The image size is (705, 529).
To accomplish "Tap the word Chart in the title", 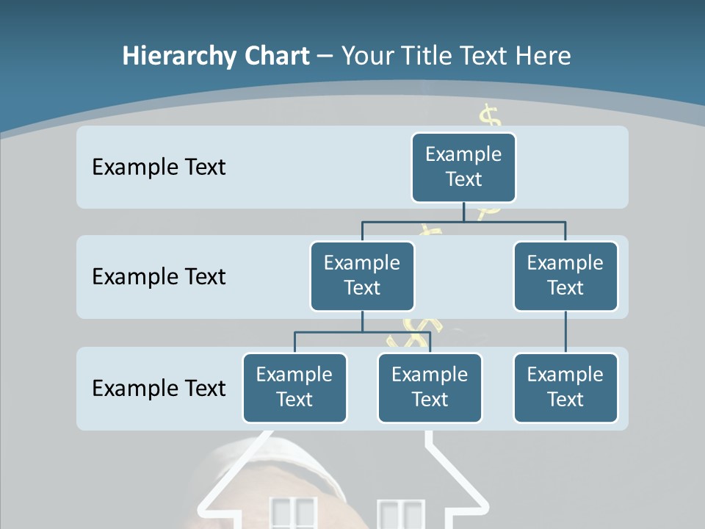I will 275,57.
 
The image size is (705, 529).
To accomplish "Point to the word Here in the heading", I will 543,57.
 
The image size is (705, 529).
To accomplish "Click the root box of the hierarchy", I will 463,167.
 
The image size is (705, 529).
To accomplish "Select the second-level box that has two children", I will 362,276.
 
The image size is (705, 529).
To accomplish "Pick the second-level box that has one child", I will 565,276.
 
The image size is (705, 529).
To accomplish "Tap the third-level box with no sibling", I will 565,387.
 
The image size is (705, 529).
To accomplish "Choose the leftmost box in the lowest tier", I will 294,387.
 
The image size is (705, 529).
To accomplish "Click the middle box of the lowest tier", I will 430,387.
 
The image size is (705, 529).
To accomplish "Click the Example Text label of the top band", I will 159,168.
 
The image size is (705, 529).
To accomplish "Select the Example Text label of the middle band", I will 159,277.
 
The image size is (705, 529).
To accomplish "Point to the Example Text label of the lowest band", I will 159,388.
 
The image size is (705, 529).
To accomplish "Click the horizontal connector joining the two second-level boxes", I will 463,220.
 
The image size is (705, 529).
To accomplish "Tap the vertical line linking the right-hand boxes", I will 565,332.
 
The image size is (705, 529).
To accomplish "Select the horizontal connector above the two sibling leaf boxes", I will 362,332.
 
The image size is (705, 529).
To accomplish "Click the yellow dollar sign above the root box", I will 490,118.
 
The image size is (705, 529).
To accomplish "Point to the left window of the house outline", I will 293,514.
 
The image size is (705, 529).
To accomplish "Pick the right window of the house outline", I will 401,514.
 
